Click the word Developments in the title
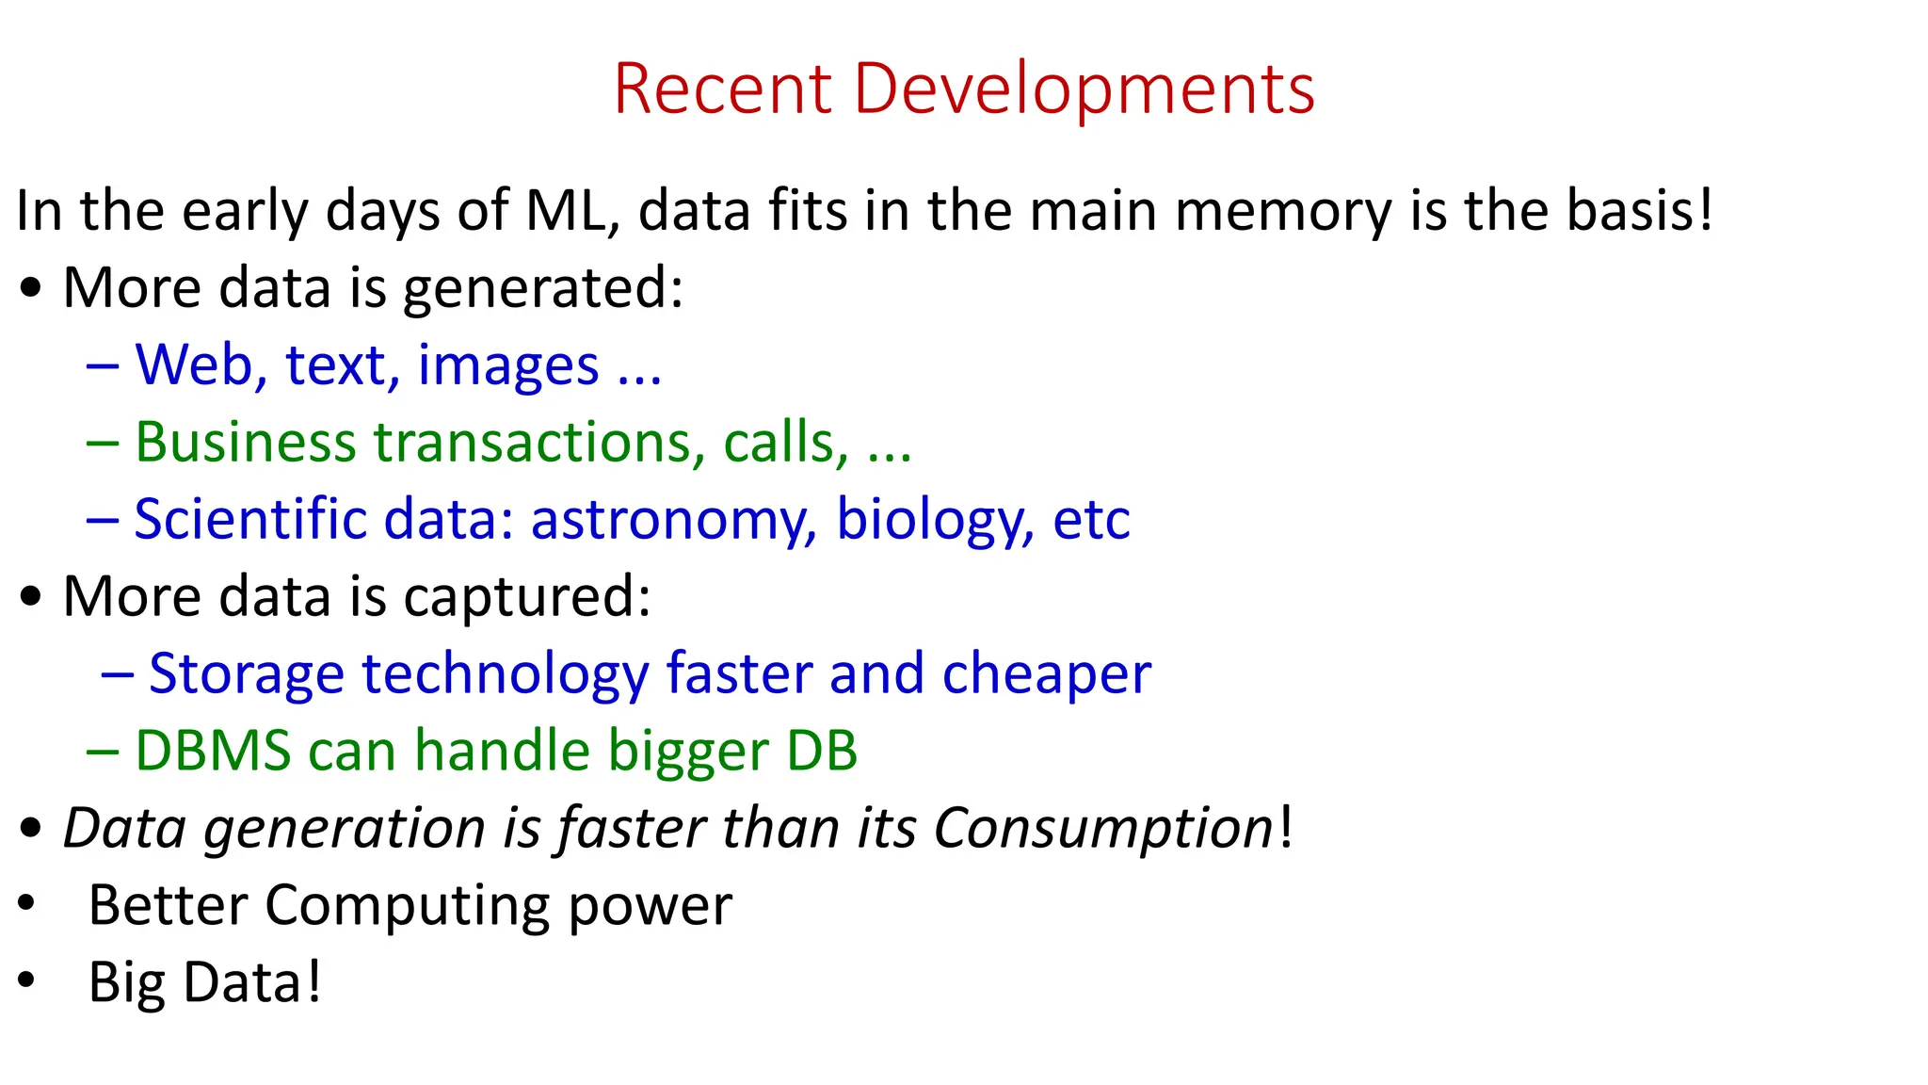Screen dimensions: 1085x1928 coord(1084,89)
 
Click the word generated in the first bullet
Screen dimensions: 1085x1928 coord(542,288)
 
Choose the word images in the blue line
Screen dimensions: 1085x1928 coord(508,366)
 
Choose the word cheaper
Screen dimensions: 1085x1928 coord(1046,674)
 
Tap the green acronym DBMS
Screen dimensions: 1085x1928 coord(213,751)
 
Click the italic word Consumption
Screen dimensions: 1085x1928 coord(1102,829)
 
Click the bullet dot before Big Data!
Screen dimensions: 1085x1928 coord(26,980)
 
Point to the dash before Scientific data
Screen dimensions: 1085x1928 coord(102,520)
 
